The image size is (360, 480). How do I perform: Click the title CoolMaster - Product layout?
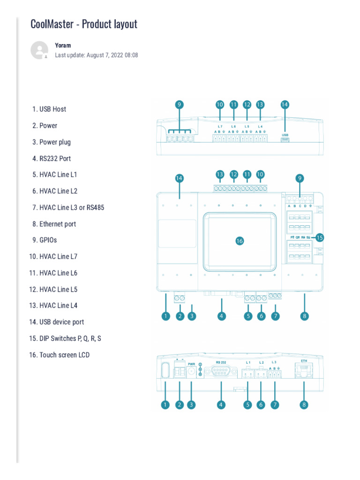point(84,24)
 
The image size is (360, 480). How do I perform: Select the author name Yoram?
point(63,45)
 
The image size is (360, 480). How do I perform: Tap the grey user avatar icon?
point(39,50)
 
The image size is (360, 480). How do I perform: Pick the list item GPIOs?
point(48,240)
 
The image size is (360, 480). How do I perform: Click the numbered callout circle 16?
point(240,240)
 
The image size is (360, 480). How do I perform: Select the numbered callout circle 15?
point(320,238)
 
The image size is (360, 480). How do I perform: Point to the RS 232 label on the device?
point(221,362)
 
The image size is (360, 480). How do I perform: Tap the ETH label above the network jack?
point(303,362)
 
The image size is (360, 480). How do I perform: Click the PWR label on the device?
point(191,364)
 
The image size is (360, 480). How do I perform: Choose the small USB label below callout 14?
point(285,134)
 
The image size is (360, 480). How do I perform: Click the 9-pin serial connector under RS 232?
point(221,374)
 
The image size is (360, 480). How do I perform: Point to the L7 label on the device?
point(220,127)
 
